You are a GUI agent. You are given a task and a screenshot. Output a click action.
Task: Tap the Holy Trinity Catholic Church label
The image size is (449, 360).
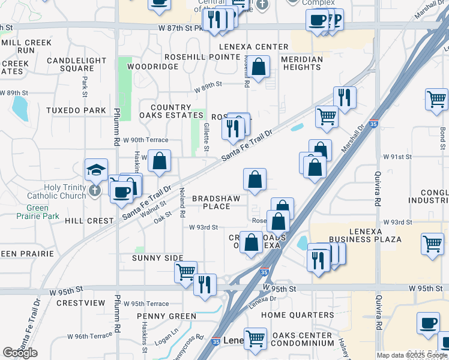(65, 191)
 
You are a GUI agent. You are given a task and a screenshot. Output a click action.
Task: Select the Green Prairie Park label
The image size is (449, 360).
(42, 212)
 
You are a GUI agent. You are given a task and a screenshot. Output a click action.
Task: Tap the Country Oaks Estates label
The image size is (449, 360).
(165, 111)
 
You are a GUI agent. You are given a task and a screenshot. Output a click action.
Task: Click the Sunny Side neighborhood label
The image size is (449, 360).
(158, 258)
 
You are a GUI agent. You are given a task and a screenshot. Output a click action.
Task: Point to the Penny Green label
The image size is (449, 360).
(166, 316)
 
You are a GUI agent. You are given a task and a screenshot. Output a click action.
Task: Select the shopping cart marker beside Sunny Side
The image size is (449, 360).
(186, 271)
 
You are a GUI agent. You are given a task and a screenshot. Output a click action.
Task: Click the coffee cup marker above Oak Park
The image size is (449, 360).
(429, 323)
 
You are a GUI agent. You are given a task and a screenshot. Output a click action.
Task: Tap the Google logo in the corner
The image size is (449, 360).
(20, 353)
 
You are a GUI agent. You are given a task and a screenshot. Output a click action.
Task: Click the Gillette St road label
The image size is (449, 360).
(206, 142)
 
